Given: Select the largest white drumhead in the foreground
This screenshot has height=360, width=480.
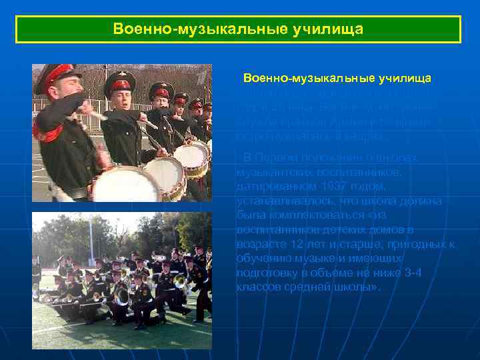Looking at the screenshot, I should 127,185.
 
